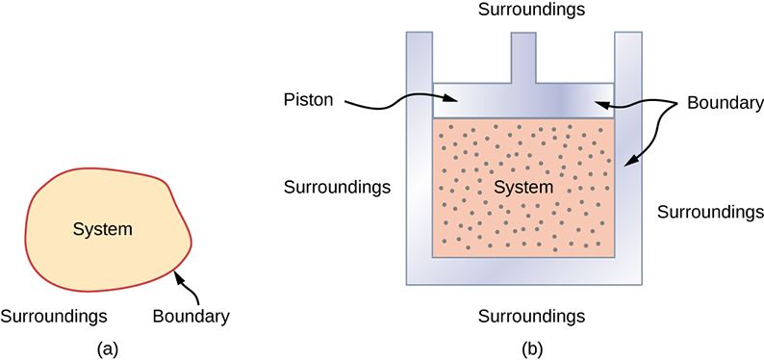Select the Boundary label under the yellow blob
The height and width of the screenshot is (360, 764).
191,315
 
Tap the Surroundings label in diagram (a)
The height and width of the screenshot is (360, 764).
54,315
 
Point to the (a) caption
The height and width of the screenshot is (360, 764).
108,347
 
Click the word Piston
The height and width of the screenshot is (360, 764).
309,99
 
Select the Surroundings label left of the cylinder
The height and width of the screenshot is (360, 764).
337,186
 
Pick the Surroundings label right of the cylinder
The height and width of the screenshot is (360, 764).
710,211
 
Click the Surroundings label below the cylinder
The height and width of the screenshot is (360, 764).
531,315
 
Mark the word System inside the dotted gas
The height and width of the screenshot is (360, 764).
523,186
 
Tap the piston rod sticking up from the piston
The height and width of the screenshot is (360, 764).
522,58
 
